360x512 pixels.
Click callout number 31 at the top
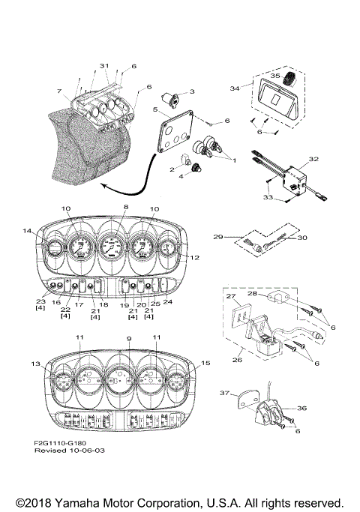103,66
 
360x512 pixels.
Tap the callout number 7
58,91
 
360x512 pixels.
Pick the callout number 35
276,76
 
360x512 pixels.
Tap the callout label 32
313,160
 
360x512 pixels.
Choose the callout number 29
218,237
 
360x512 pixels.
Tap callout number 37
223,392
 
